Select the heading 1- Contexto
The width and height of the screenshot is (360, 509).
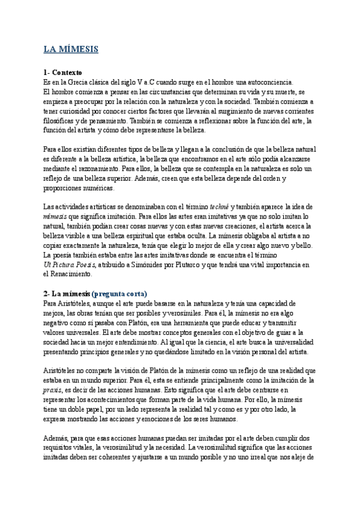pos(67,72)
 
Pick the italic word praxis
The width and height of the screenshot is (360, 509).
pos(54,391)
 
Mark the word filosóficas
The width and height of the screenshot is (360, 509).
pos(62,120)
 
